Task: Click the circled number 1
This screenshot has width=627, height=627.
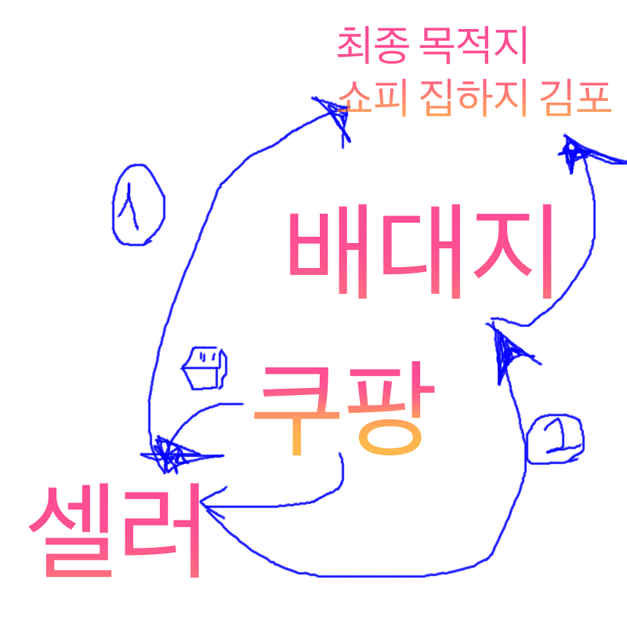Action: click(x=138, y=205)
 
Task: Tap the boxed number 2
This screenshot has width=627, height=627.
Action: click(x=555, y=439)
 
